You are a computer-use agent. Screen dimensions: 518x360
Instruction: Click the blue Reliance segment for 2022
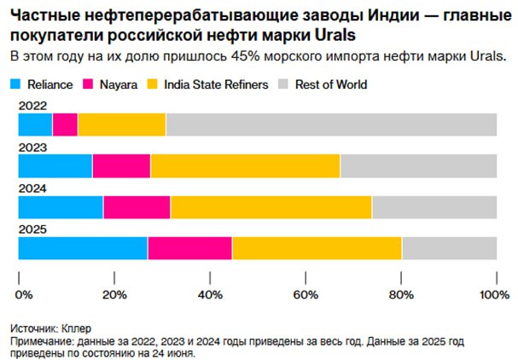click(x=35, y=125)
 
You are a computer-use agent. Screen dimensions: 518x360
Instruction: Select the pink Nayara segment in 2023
click(x=121, y=165)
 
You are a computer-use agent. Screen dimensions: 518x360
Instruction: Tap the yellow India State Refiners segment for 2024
click(x=271, y=207)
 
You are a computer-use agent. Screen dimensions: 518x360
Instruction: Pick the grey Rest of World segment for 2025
click(x=449, y=248)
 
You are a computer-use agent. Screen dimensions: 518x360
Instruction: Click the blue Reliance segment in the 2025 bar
click(x=83, y=248)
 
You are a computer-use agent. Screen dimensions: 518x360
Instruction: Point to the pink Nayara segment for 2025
click(x=190, y=248)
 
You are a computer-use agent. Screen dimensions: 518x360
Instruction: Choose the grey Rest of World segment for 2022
click(x=331, y=125)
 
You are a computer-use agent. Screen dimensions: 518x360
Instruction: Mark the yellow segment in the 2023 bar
click(x=245, y=165)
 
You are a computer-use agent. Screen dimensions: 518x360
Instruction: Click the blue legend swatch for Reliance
click(x=15, y=84)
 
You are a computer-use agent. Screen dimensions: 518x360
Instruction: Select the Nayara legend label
click(x=119, y=84)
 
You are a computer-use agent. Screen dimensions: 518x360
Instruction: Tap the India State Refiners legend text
click(x=216, y=84)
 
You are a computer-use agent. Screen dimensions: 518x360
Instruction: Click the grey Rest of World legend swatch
click(x=283, y=84)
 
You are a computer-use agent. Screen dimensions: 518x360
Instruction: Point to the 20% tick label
click(x=114, y=294)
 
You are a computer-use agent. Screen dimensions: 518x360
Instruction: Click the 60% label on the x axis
click(x=306, y=294)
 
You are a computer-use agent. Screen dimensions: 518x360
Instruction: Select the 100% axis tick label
click(x=495, y=294)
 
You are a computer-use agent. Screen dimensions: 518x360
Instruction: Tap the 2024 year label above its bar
click(x=32, y=189)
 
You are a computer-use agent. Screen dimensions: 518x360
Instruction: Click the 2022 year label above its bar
click(x=32, y=106)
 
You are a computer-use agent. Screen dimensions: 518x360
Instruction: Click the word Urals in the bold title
click(x=335, y=35)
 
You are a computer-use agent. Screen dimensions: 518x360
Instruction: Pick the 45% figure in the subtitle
click(x=245, y=56)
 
